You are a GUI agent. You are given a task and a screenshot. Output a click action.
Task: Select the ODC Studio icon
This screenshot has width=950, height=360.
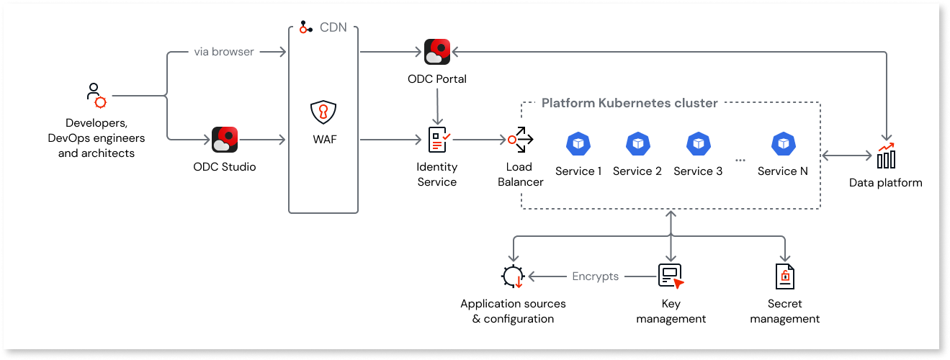point(225,140)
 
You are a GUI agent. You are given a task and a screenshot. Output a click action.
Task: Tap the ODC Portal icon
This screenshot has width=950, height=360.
point(437,52)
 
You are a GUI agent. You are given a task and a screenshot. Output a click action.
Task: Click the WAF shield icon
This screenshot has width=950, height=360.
point(323,113)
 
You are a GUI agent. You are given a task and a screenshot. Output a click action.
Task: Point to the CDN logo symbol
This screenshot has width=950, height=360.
point(306,27)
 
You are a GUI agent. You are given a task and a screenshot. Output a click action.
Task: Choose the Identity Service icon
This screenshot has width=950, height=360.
point(438,140)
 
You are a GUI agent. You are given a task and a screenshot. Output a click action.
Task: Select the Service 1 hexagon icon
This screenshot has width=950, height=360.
point(578,143)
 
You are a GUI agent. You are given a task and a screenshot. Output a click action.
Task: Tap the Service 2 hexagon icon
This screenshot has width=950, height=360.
point(637,143)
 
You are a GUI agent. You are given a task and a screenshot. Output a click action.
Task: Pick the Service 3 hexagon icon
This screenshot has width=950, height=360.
point(697,143)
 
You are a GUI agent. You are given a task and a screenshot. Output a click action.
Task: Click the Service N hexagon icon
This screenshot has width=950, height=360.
point(782,143)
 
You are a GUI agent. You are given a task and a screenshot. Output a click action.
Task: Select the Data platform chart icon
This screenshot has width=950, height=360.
point(886,155)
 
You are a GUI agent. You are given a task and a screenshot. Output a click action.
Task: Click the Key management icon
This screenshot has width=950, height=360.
point(671,276)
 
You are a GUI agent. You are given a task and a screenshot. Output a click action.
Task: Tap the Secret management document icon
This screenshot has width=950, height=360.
point(784,276)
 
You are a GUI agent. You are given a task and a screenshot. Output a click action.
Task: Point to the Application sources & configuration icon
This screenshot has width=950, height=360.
point(513,276)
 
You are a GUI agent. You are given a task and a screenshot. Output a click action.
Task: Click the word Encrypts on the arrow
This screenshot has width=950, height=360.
point(595,276)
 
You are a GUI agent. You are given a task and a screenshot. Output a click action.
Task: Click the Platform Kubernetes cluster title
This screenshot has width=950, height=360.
point(629,103)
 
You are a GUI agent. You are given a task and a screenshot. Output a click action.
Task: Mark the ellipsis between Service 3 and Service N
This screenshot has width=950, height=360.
point(740,159)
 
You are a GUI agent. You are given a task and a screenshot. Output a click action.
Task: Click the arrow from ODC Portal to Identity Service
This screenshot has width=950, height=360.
point(437,107)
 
